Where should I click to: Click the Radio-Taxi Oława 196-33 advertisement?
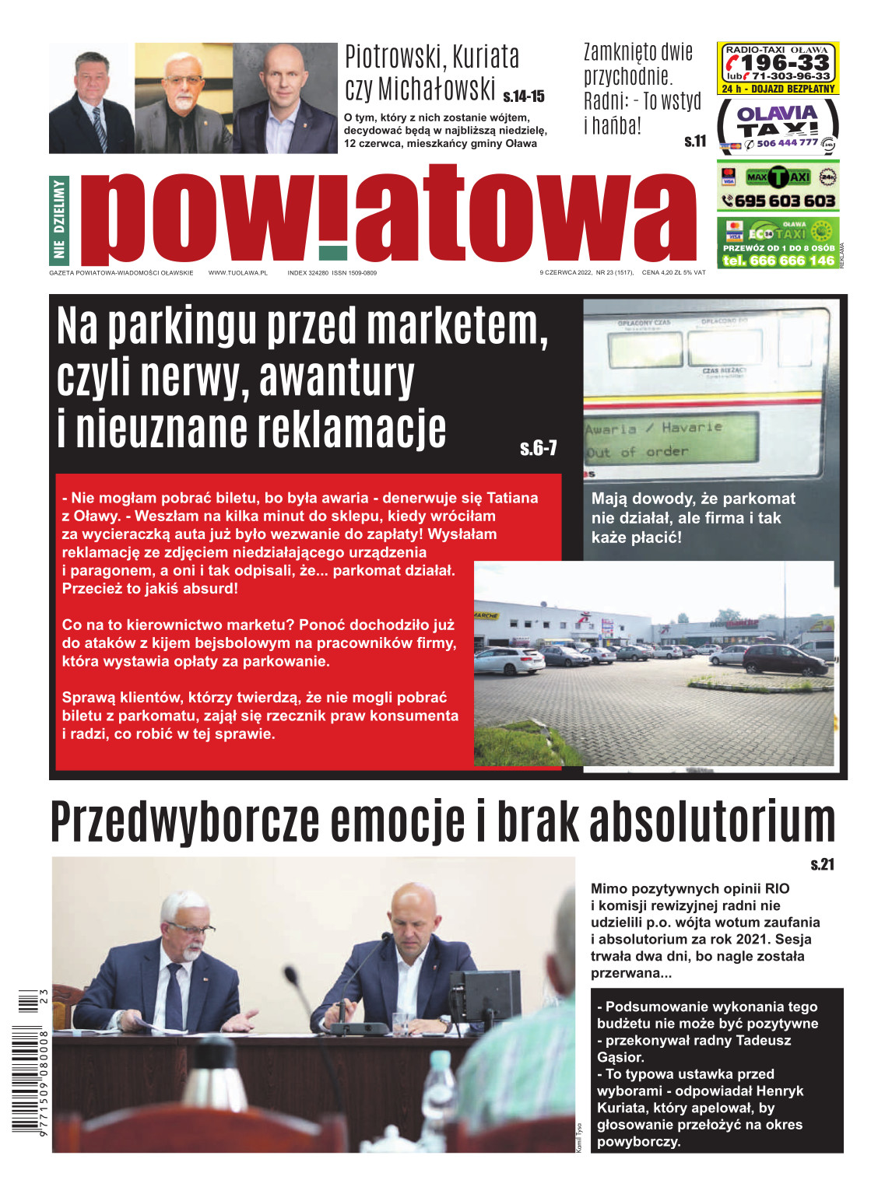click(x=778, y=68)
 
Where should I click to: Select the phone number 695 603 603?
click(x=785, y=201)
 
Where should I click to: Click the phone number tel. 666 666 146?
click(x=778, y=261)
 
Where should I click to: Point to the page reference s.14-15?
click(x=524, y=96)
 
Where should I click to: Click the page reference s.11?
click(x=695, y=141)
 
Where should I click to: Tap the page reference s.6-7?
click(x=539, y=448)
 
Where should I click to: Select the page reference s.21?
click(x=822, y=864)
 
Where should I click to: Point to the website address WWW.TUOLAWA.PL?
click(x=237, y=273)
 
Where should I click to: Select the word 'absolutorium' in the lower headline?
click(x=712, y=821)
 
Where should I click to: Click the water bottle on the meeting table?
click(x=441, y=1088)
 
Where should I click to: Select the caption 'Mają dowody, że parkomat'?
click(x=693, y=499)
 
